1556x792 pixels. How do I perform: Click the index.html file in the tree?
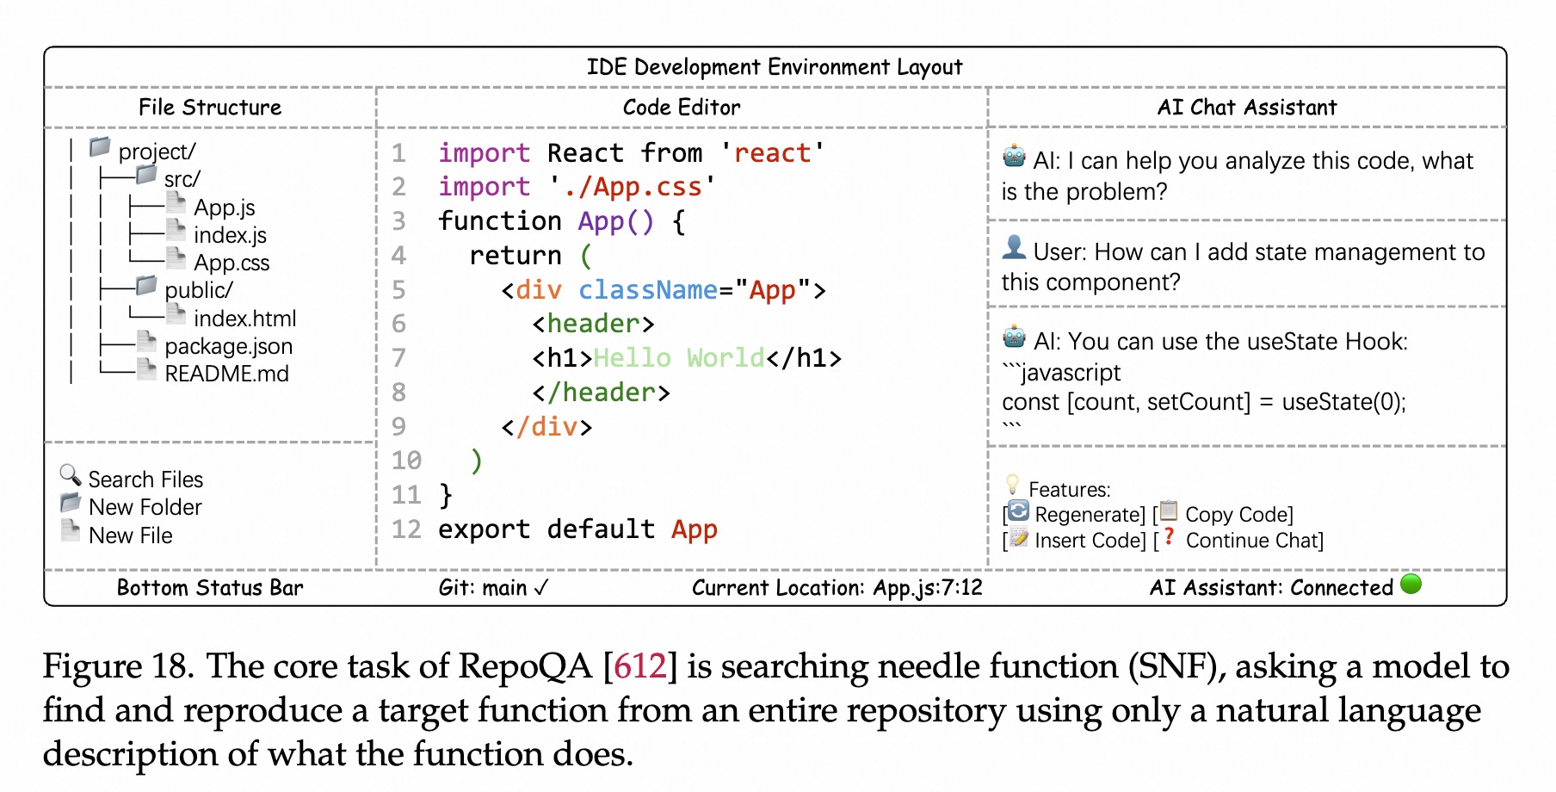(244, 319)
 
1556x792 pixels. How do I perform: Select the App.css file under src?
(231, 263)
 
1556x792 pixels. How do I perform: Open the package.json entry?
(228, 346)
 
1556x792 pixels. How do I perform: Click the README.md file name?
(226, 374)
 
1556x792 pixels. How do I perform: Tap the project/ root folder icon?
(101, 147)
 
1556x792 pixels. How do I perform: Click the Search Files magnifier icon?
(71, 474)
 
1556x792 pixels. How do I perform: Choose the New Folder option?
(145, 507)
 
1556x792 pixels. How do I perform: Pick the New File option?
(130, 535)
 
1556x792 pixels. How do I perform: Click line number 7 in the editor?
(398, 358)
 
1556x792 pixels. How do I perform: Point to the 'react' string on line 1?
(772, 153)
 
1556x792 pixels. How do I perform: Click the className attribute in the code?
(647, 290)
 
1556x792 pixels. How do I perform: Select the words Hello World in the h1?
(679, 358)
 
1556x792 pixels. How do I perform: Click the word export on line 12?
(484, 529)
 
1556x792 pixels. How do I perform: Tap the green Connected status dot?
(1411, 584)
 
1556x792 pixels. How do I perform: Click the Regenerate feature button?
(1089, 515)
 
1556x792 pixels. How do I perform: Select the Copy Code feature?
(1238, 515)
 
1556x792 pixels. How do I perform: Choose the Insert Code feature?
(1090, 541)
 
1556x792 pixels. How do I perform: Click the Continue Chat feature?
(1253, 541)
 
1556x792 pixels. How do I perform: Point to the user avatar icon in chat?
(1015, 248)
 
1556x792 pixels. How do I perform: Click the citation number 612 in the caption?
(639, 667)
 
